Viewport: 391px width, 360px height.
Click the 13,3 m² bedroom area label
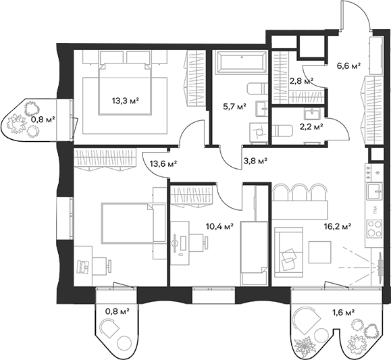tap(125, 102)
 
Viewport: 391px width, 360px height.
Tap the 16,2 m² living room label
tap(337, 228)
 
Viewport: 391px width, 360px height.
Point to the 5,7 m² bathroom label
tap(234, 106)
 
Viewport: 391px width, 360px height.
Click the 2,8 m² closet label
tap(301, 81)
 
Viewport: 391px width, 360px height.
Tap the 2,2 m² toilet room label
tap(311, 126)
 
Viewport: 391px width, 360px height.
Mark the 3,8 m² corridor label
tap(255, 161)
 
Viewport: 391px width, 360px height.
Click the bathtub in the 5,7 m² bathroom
tap(240, 65)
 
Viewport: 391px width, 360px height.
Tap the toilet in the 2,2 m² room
tap(286, 130)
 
